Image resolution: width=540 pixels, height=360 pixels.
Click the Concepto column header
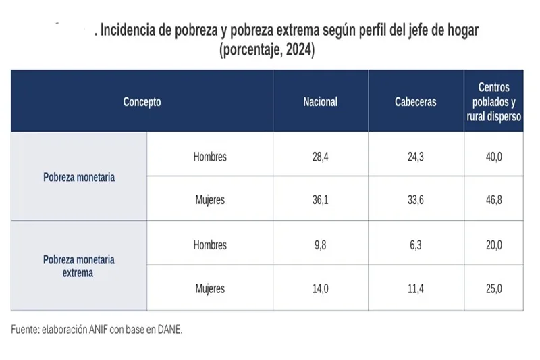point(142,102)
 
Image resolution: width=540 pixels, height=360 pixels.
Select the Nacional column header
point(320,102)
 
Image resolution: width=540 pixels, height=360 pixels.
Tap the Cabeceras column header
point(416,102)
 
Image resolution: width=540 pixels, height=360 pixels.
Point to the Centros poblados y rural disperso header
point(493,101)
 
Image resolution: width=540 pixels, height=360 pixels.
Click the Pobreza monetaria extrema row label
point(79,266)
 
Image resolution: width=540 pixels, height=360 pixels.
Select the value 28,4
point(320,157)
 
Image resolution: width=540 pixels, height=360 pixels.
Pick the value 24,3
point(416,157)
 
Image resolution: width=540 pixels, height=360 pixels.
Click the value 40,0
point(493,157)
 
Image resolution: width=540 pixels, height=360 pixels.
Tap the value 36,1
point(320,200)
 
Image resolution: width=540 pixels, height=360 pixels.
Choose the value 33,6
point(416,200)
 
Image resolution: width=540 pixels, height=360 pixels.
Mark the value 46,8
point(493,200)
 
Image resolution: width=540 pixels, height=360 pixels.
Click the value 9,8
point(320,245)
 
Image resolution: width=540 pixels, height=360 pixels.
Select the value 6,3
point(416,245)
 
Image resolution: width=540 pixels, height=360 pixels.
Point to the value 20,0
point(493,245)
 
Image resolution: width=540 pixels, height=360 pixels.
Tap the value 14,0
point(320,289)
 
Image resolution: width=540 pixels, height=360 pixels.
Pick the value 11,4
point(416,289)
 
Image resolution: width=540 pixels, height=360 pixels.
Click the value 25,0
point(493,289)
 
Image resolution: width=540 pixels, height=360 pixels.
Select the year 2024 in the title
point(298,51)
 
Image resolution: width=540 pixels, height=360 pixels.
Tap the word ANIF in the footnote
point(92,330)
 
